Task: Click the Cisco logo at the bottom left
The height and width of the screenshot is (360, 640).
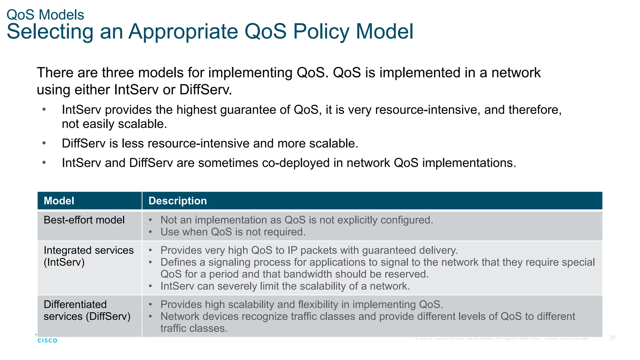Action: point(47,340)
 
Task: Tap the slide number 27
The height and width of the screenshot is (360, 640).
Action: point(612,338)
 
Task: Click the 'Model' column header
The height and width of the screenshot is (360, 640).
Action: point(59,201)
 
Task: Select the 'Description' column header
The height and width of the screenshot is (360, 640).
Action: point(177,201)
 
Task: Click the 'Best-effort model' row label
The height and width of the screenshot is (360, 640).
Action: point(84,220)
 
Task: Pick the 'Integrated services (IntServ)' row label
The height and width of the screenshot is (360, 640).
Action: point(88,256)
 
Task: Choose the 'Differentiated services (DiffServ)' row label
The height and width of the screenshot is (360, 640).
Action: point(87,310)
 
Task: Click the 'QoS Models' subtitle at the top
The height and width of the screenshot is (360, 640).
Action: point(45,15)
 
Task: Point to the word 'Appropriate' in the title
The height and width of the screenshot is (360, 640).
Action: point(183,32)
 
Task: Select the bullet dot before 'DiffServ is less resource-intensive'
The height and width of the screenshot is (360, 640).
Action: point(44,143)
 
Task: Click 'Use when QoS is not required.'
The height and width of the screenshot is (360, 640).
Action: point(233,232)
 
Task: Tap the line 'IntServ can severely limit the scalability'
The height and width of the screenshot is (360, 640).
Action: point(285,286)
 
